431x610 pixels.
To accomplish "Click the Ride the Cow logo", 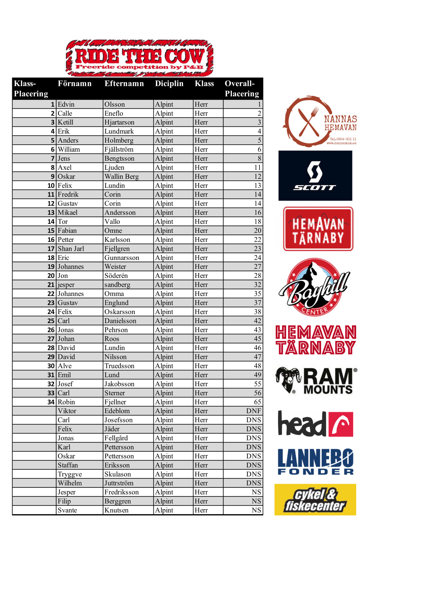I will [139, 58].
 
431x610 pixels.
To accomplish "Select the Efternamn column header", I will [124, 83].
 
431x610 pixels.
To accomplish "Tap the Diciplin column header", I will [169, 83].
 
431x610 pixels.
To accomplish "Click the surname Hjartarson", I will [119, 122].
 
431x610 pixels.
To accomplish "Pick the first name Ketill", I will [65, 122].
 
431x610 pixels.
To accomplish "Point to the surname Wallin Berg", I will [121, 176].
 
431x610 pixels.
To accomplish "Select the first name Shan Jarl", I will [71, 249].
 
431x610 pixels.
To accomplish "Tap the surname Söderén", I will [116, 276].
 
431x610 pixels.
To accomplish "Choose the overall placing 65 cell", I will [257, 402].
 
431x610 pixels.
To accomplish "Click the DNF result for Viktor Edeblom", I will [253, 411].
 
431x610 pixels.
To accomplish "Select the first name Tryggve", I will [70, 474].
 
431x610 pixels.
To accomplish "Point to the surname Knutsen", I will [116, 510].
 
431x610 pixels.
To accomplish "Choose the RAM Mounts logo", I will [316, 380].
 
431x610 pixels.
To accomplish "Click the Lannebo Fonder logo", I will [315, 461].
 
